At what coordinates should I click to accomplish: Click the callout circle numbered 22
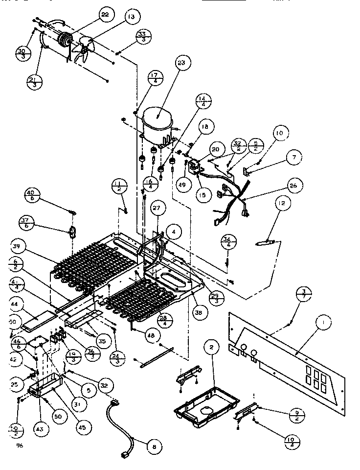[104, 15]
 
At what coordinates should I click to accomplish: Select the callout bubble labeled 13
[131, 18]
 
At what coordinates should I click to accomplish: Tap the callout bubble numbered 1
[323, 323]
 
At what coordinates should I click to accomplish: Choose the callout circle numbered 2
[211, 348]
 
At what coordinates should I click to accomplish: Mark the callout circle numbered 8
[154, 446]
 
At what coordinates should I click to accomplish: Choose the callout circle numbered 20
[216, 150]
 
